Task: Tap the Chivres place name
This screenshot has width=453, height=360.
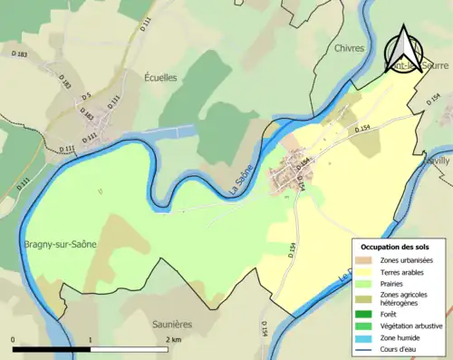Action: [349, 48]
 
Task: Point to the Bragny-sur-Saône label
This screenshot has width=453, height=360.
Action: [57, 245]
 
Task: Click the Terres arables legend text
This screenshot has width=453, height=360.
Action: [404, 272]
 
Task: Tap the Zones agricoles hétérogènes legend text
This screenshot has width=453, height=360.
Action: [407, 300]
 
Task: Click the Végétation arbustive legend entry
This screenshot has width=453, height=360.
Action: [410, 326]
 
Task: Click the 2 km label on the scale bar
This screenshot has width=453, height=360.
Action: [171, 339]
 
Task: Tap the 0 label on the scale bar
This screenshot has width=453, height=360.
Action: [13, 339]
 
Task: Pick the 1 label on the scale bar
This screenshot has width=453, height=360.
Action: [91, 339]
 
